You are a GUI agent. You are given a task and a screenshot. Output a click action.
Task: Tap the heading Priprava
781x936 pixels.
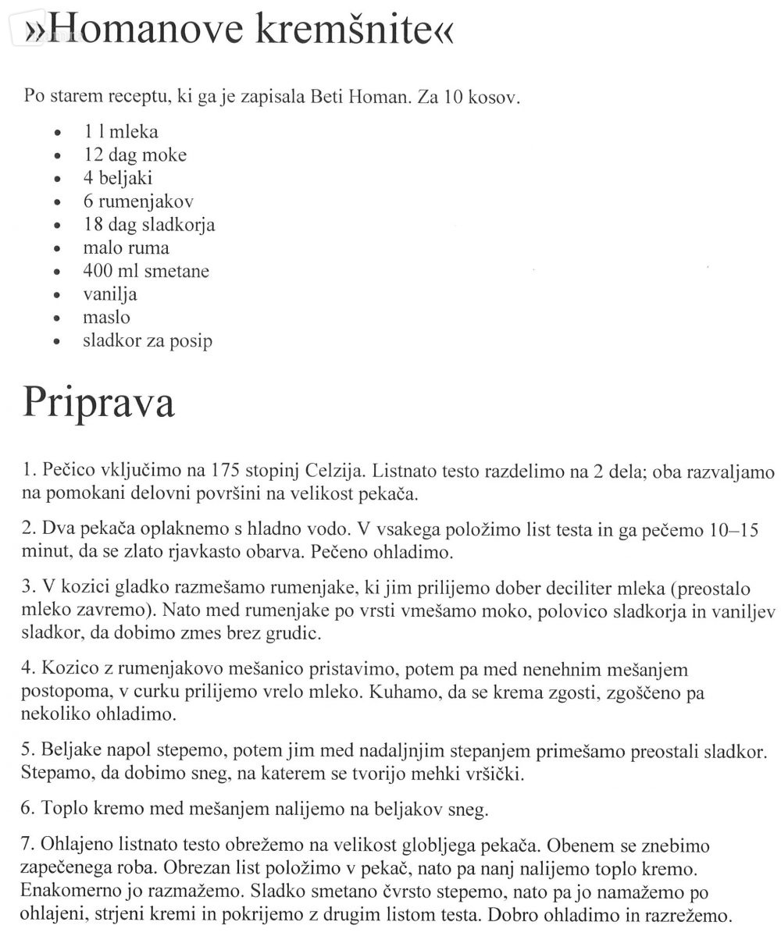98,402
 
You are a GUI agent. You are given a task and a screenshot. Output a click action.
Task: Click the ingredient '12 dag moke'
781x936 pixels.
135,155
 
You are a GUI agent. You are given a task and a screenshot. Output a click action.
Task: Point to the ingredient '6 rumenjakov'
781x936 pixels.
138,201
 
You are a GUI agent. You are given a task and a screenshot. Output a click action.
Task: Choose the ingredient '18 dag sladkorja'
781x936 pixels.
148,225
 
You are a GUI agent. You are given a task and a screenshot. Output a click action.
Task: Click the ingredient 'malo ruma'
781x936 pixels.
126,248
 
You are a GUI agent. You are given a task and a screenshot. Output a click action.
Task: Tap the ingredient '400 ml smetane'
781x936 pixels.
146,272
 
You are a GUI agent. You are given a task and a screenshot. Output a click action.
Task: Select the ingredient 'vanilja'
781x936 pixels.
110,295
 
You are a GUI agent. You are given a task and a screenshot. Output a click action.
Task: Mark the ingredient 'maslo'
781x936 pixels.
106,318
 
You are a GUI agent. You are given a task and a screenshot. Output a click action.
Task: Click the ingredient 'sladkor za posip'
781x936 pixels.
148,341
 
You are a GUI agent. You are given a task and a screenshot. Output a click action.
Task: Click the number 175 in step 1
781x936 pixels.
226,472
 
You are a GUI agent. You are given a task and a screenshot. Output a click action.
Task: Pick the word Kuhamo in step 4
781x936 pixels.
411,692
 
